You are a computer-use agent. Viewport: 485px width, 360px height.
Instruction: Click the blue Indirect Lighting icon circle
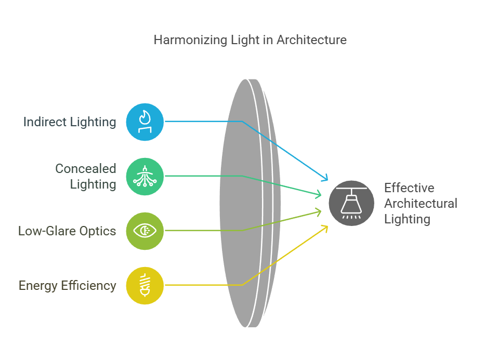[x=145, y=122]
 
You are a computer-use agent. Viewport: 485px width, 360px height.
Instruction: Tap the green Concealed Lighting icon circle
[x=145, y=177]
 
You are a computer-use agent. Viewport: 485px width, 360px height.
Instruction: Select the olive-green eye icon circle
[x=145, y=231]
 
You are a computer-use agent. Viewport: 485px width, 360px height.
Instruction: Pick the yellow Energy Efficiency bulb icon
[x=145, y=286]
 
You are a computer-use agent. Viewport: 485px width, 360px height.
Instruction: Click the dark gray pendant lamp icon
[x=351, y=203]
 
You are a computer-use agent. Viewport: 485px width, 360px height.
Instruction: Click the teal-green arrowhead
[x=318, y=194]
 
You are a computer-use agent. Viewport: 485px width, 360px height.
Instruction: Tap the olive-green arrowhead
[x=318, y=211]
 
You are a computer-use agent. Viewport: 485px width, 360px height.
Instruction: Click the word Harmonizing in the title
[x=191, y=40]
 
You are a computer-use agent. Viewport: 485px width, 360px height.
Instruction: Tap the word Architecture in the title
[x=311, y=40]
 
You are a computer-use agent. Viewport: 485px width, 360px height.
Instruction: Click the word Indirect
[x=45, y=122]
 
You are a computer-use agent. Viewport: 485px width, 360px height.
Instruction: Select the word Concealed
[x=86, y=168]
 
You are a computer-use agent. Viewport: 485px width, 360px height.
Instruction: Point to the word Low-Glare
[x=47, y=231]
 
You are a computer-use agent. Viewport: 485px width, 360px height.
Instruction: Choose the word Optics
[x=98, y=232]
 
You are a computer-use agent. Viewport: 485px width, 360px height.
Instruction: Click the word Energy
[x=38, y=286]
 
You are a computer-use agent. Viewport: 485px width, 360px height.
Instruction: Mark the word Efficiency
[x=89, y=286]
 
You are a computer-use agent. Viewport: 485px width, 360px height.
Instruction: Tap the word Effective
[x=409, y=188]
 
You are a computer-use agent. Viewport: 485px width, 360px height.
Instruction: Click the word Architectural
[x=421, y=203]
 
